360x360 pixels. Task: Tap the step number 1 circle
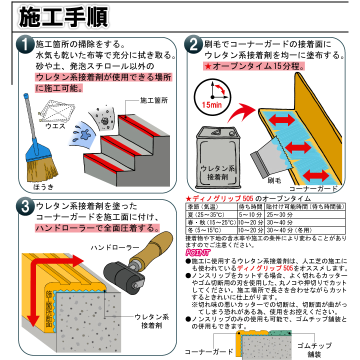point(24,46)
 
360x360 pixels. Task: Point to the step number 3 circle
point(24,206)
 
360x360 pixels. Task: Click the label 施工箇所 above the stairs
point(153,100)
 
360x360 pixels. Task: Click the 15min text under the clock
point(212,105)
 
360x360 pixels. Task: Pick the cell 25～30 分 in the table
point(280,213)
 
